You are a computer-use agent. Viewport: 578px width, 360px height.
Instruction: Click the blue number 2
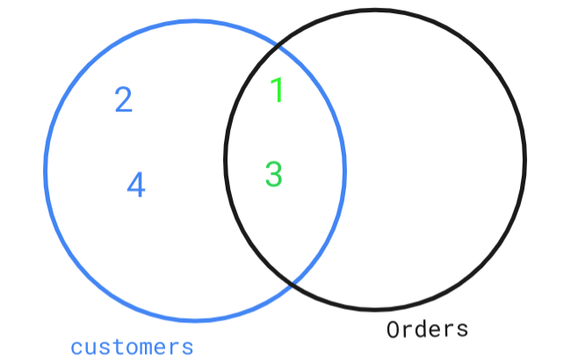124,99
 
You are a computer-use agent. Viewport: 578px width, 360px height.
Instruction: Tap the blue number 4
135,184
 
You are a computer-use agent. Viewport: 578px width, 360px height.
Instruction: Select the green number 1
277,90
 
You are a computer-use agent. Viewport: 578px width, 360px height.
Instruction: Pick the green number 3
273,174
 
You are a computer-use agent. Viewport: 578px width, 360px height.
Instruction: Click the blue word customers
132,346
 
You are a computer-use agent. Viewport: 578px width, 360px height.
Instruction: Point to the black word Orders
428,329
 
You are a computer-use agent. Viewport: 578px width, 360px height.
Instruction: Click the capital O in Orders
394,330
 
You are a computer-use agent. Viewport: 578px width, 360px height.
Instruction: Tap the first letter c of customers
76,347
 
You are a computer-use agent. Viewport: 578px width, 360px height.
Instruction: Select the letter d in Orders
421,329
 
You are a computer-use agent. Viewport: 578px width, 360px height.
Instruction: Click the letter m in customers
146,347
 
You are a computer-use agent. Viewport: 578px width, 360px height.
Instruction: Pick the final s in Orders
462,330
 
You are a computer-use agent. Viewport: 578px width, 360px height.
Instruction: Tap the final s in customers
187,347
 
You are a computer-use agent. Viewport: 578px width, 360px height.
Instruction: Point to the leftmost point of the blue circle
45,169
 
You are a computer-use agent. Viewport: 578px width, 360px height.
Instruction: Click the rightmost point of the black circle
525,159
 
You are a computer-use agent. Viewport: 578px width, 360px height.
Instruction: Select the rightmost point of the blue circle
345,169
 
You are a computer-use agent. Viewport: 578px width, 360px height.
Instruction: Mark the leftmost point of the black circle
225,159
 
